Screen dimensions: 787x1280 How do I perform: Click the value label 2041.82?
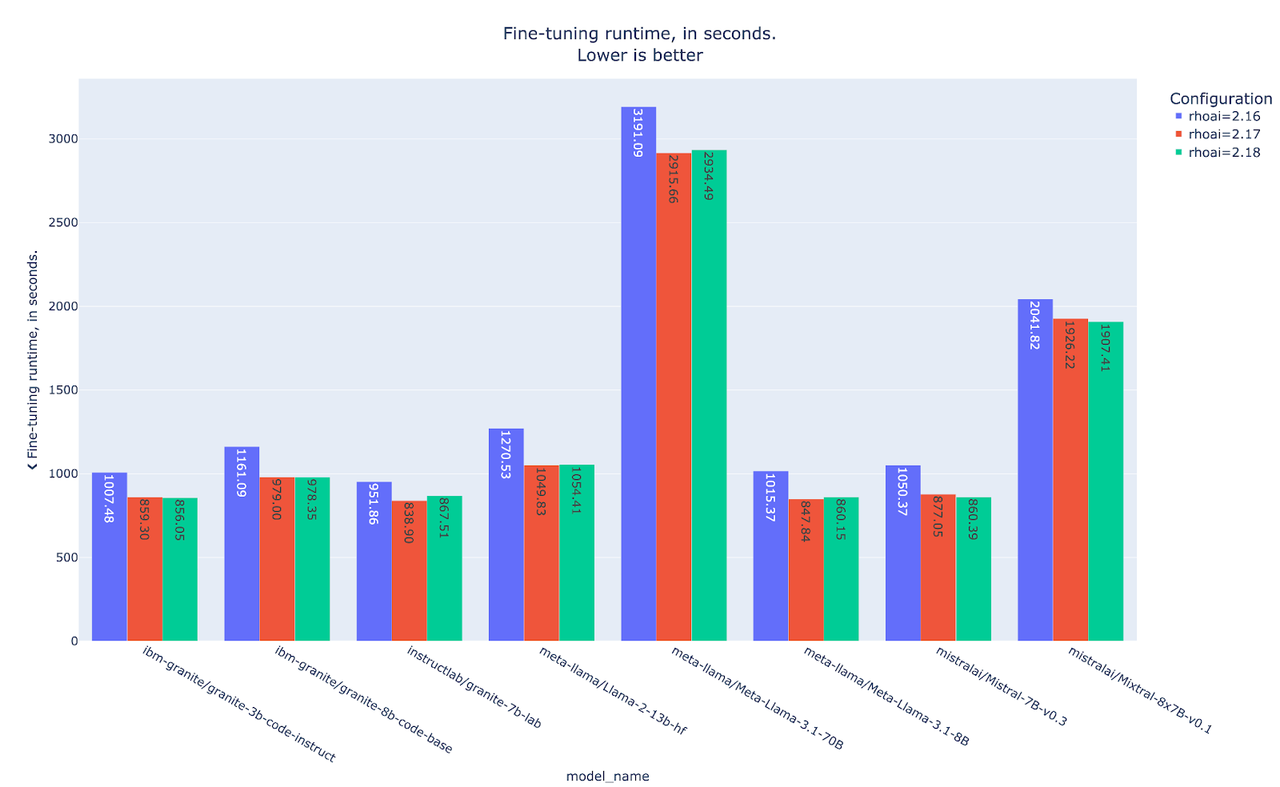(x=1034, y=325)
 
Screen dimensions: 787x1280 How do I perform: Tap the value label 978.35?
(x=311, y=500)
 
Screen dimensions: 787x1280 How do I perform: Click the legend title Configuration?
(x=1220, y=98)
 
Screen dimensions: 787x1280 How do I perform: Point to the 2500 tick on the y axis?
(x=63, y=222)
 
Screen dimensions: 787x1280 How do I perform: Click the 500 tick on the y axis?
(x=67, y=557)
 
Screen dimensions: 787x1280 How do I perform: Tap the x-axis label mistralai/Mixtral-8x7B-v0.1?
(x=1140, y=690)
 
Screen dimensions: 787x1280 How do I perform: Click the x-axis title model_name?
(x=607, y=777)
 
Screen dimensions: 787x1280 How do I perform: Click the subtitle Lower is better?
(x=639, y=55)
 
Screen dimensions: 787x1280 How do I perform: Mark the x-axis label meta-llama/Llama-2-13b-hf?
(x=612, y=690)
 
